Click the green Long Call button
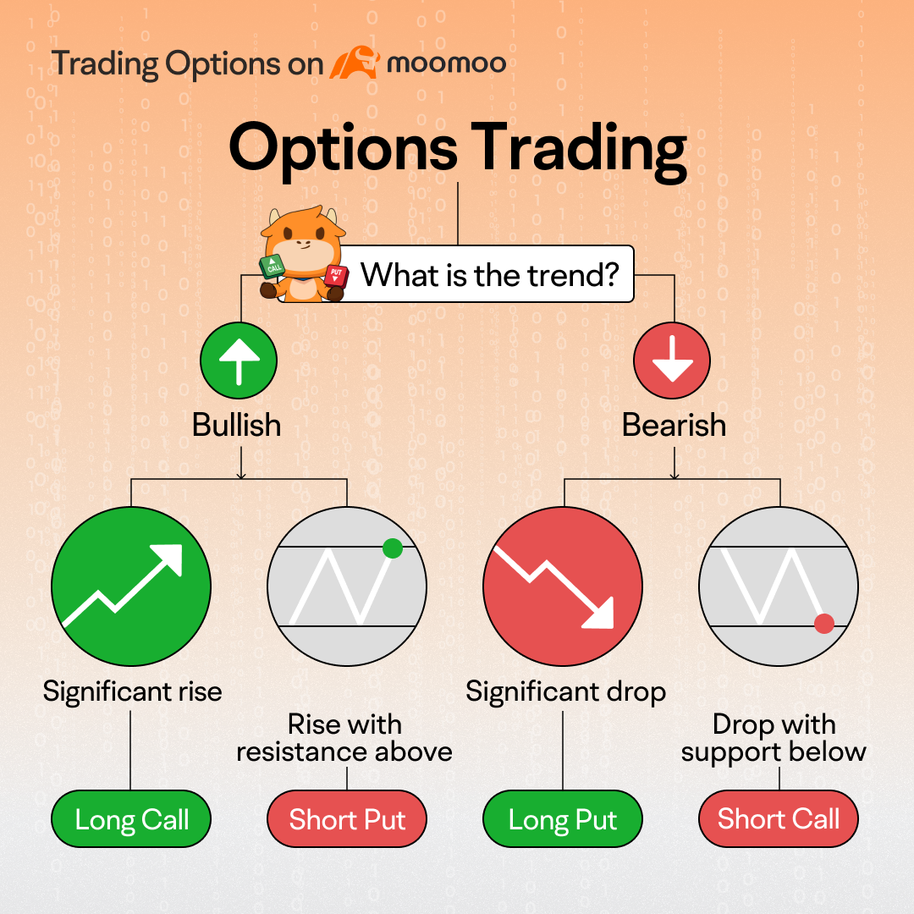131,819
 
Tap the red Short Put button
347,819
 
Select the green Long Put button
563,819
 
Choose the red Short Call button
779,819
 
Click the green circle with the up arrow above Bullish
239,361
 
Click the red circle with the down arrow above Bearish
672,361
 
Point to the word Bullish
237,425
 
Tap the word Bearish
674,425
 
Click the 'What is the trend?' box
487,274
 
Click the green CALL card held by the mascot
273,266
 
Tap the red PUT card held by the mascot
336,274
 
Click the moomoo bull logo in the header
355,63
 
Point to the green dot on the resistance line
393,548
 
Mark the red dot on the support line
823,624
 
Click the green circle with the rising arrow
131,586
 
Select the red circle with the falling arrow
563,586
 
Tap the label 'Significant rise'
132,692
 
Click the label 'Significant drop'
565,692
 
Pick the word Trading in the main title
579,150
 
